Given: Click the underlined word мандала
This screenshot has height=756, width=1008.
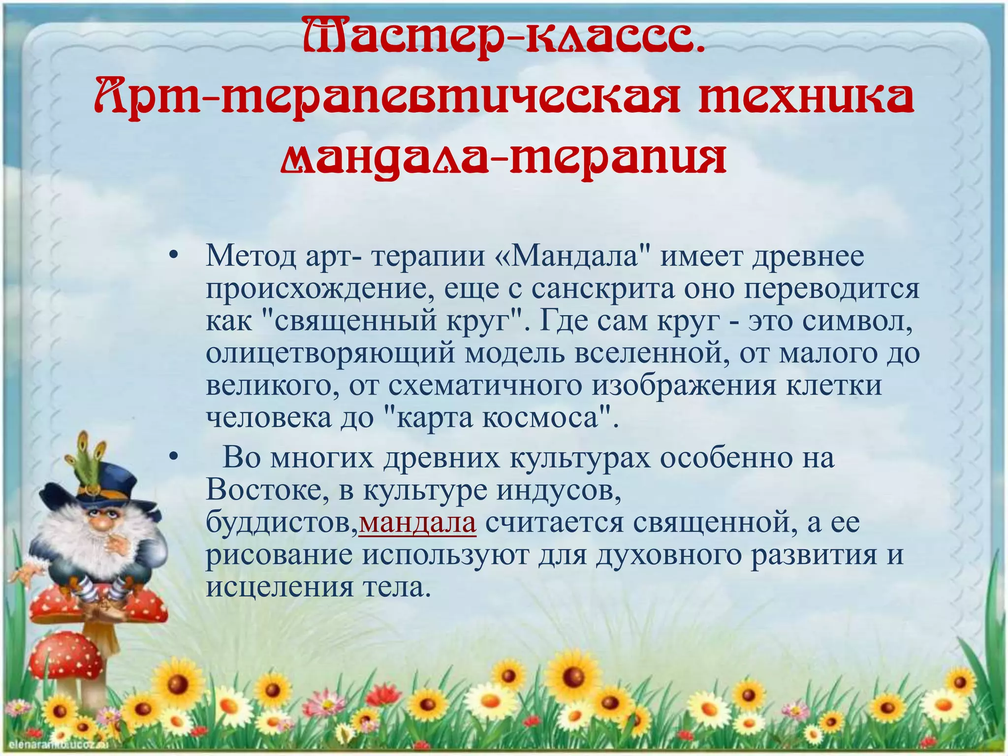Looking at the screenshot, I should pyautogui.click(x=417, y=523).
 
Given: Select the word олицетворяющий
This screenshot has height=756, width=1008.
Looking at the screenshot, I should pyautogui.click(x=330, y=354).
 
